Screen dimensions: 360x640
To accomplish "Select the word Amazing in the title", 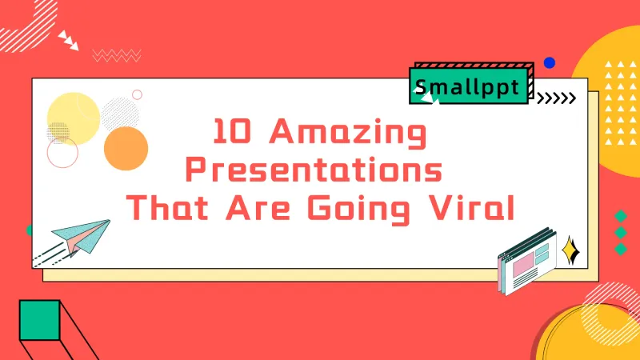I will click(346, 133).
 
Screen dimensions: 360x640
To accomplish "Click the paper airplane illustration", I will click(80, 235).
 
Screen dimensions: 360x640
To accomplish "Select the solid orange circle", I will click(126, 150).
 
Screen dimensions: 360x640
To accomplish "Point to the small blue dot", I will click(549, 62).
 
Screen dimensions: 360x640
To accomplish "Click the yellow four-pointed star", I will click(570, 251).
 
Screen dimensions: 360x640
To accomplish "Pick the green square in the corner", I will click(39, 320).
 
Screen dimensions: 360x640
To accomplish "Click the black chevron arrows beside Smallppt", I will click(555, 98).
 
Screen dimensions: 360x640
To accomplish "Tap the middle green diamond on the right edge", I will click(620, 233).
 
